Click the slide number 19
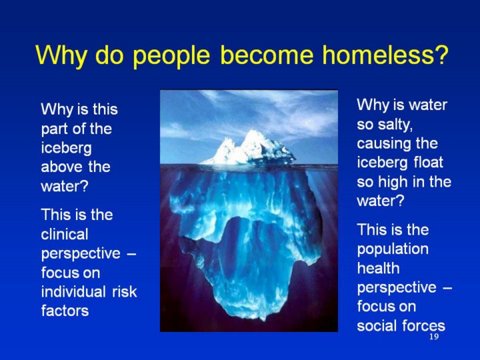[x=434, y=337]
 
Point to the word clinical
[x=65, y=234]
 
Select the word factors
[x=65, y=311]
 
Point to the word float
[x=428, y=163]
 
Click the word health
[x=379, y=268]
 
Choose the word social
[x=376, y=325]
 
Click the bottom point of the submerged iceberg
[x=263, y=320]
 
